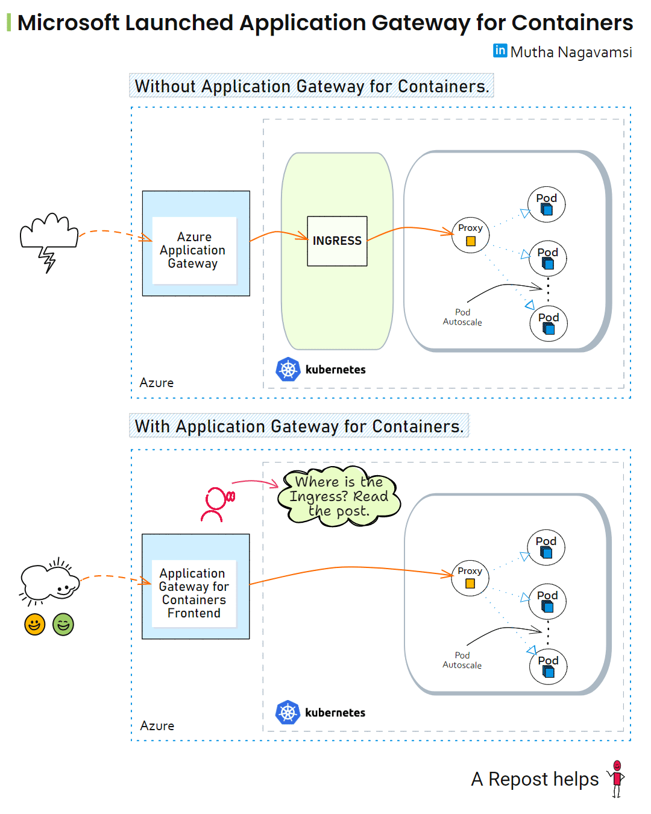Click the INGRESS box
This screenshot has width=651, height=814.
(x=337, y=241)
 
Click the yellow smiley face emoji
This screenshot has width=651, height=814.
(x=35, y=624)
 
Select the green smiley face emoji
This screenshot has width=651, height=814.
(x=63, y=624)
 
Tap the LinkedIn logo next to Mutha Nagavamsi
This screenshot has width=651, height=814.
(x=500, y=51)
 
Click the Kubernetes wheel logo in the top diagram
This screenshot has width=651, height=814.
(x=288, y=370)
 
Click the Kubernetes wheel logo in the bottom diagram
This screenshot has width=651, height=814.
(x=288, y=713)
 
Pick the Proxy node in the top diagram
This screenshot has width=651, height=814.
(x=470, y=235)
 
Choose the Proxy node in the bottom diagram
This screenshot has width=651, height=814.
(x=470, y=578)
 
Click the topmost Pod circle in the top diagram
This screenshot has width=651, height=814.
(x=547, y=204)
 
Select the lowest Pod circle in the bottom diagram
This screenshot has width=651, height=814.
(x=548, y=666)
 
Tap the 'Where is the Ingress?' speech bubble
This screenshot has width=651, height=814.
(x=339, y=497)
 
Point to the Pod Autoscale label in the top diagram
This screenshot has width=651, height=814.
(x=462, y=317)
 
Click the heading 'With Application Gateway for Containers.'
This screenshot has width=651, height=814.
(x=299, y=426)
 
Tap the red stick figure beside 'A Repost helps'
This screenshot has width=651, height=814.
(x=617, y=778)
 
